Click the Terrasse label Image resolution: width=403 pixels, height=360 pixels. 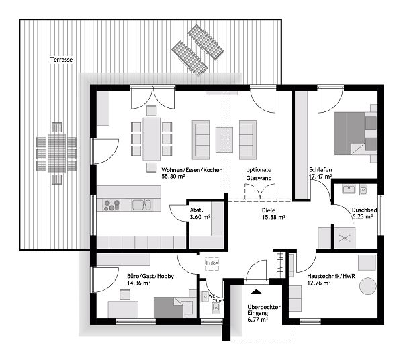tap(62, 60)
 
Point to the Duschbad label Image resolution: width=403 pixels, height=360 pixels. tap(364, 210)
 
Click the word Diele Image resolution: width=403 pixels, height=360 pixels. tap(269, 210)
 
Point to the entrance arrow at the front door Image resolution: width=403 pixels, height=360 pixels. tap(257, 291)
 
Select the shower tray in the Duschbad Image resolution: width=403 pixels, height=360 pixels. tap(348, 237)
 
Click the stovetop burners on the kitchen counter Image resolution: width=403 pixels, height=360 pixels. tap(111, 206)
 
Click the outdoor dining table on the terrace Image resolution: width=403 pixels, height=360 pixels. tap(56, 150)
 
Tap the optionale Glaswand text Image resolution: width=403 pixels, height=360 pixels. tap(259, 174)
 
